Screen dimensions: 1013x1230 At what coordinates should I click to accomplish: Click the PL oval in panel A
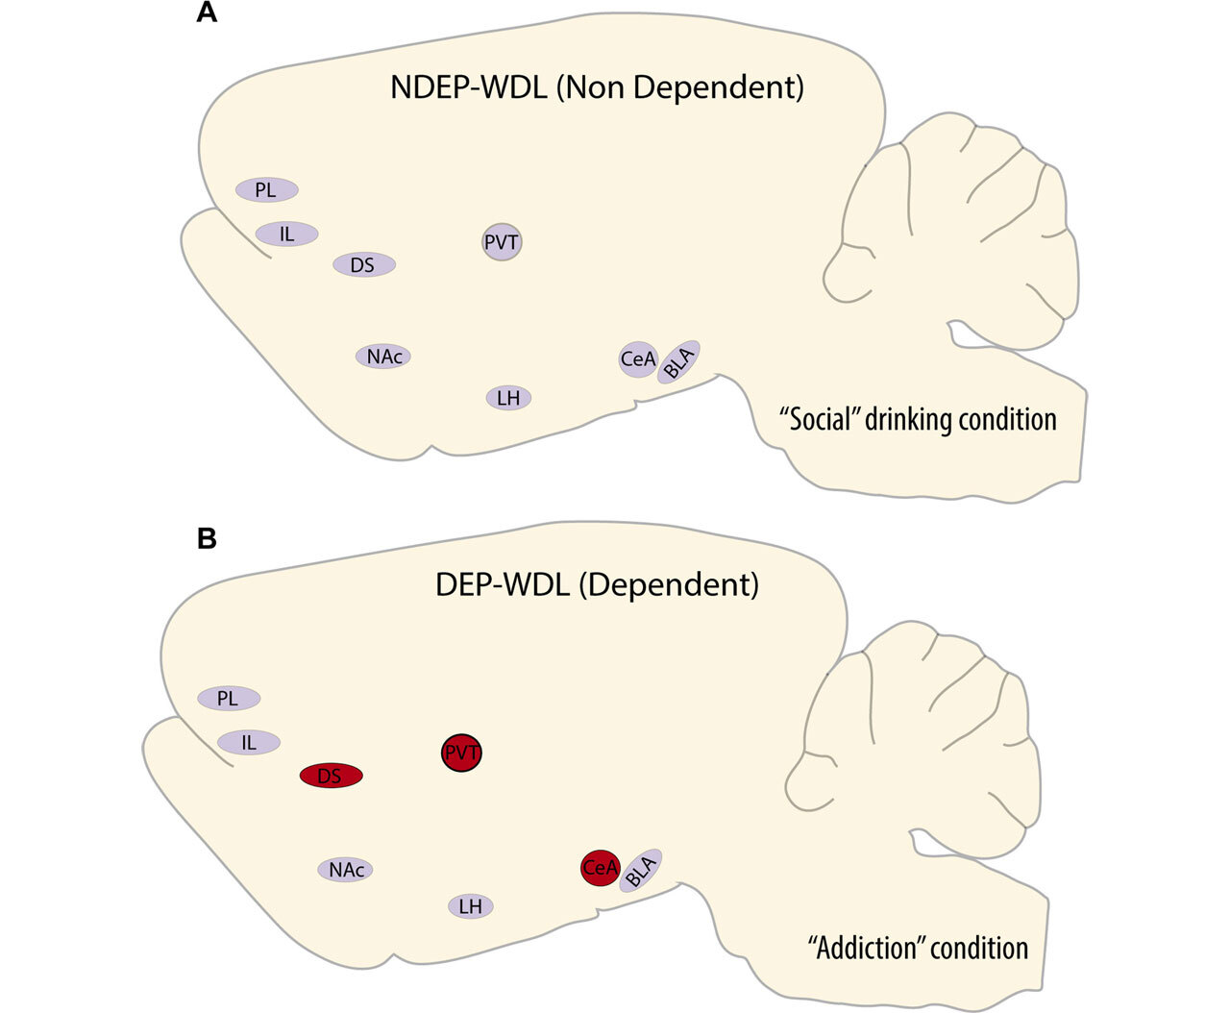pos(266,190)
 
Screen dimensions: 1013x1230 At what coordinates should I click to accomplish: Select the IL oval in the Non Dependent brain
pos(286,234)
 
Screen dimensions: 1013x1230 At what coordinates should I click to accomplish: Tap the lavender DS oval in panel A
pos(363,264)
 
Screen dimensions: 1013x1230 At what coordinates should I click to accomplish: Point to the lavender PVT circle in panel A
pos(502,242)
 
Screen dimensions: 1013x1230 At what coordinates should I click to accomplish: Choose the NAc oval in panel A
pos(383,357)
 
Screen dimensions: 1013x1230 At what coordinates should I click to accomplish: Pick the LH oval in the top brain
pos(508,397)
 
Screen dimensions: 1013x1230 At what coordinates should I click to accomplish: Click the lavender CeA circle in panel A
pos(638,359)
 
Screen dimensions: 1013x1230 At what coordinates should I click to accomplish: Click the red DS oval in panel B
pos(331,776)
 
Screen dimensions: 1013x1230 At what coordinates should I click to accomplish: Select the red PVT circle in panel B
pos(462,753)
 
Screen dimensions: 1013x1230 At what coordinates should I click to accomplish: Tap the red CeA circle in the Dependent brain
pos(600,868)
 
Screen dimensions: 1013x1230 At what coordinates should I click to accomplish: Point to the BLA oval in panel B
pos(640,871)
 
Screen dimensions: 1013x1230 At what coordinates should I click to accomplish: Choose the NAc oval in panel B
pos(345,870)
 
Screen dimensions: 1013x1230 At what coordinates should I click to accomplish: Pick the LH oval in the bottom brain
pos(470,905)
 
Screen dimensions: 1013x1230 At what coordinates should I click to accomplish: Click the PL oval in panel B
pos(228,699)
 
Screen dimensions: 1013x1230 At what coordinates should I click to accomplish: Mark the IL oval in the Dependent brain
pos(249,742)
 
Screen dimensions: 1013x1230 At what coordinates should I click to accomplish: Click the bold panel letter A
pos(206,15)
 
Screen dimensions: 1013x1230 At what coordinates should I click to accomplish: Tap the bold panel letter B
pos(206,539)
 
